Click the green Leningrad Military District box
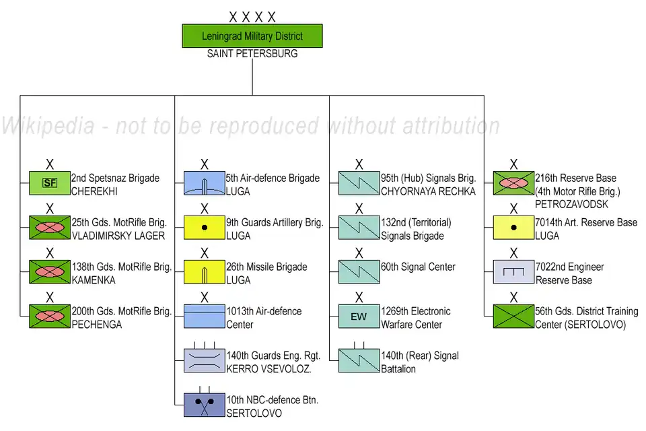(252, 36)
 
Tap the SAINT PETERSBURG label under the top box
(252, 53)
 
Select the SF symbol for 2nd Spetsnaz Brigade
(50, 183)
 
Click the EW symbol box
(359, 317)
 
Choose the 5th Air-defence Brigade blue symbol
(205, 183)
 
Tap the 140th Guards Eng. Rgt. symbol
(205, 361)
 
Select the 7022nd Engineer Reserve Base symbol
(513, 272)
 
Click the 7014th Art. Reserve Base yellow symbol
(513, 228)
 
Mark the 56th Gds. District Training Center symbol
(513, 317)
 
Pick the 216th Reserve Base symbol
(513, 183)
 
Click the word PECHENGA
(97, 325)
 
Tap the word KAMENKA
(94, 280)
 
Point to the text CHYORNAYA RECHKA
(428, 191)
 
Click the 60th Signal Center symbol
(359, 272)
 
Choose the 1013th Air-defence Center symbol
(205, 317)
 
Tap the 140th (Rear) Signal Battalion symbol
(359, 361)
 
